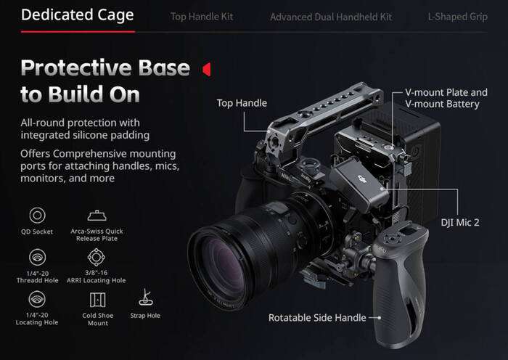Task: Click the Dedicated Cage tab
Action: tap(78, 15)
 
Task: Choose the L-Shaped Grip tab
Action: tap(457, 16)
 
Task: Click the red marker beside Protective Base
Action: tap(206, 69)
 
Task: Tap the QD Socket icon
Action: tap(36, 216)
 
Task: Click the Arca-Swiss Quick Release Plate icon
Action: tap(97, 215)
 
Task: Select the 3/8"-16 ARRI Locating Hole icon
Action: tap(97, 256)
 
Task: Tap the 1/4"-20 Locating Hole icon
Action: tap(36, 299)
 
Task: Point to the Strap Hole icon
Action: tap(144, 298)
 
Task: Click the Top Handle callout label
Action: tap(242, 103)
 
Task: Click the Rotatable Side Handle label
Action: tap(317, 318)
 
